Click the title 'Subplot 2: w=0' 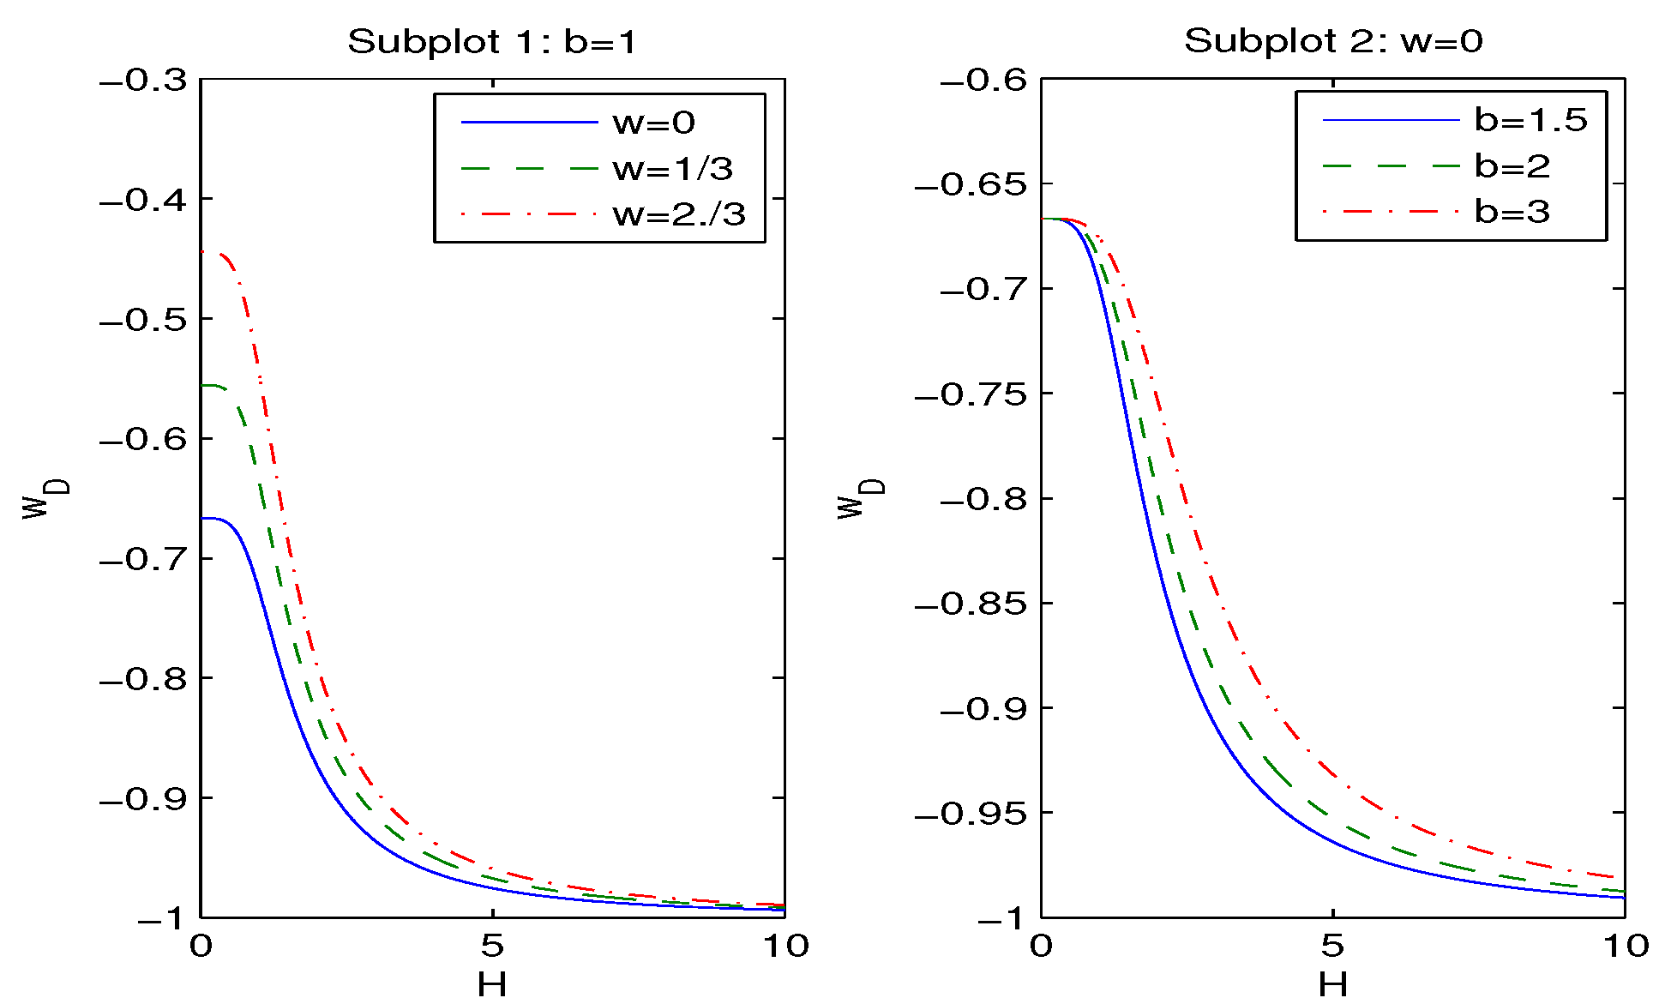(1332, 41)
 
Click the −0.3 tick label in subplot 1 (143, 81)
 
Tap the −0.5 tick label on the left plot (143, 320)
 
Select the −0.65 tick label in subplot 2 (971, 184)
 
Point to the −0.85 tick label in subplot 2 (971, 604)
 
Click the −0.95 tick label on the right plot (971, 813)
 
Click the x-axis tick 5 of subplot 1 (491, 946)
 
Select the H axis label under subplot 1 (491, 985)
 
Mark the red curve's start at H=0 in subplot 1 (202, 251)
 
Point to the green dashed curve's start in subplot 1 (202, 386)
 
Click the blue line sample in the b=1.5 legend (1390, 120)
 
